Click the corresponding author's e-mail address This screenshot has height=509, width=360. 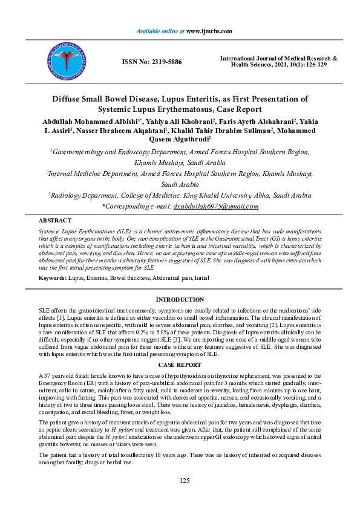[216, 206]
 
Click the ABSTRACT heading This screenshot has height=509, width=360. [55, 221]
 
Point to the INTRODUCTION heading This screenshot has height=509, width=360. [180, 300]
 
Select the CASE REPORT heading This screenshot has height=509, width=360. [180, 366]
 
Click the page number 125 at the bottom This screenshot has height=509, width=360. [185, 481]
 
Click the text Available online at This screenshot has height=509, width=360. [160, 30]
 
